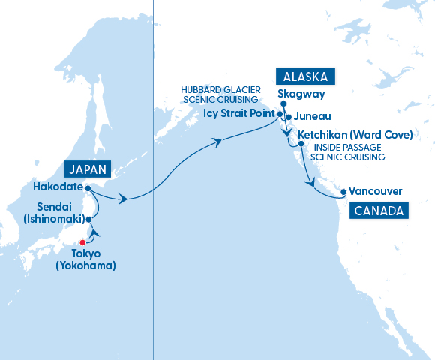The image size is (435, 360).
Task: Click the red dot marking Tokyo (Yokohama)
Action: tap(82, 242)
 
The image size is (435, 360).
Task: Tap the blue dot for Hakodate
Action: tap(88, 188)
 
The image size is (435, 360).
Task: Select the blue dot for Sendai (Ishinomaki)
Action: tap(88, 219)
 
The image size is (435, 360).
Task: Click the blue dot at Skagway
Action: tap(283, 104)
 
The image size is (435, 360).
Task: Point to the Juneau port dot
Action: tap(289, 117)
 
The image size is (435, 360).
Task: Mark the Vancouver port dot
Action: tap(343, 192)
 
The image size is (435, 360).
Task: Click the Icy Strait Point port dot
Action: tap(280, 115)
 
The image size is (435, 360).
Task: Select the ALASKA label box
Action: tap(305, 76)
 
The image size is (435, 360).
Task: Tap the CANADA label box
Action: tap(378, 210)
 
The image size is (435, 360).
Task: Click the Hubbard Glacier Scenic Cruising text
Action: tap(220, 94)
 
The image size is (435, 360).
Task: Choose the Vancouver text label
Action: tap(376, 192)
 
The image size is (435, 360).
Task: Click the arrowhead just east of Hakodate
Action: tap(123, 199)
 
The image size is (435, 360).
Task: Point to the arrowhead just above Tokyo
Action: tap(94, 232)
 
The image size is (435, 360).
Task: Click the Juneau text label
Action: tap(312, 117)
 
